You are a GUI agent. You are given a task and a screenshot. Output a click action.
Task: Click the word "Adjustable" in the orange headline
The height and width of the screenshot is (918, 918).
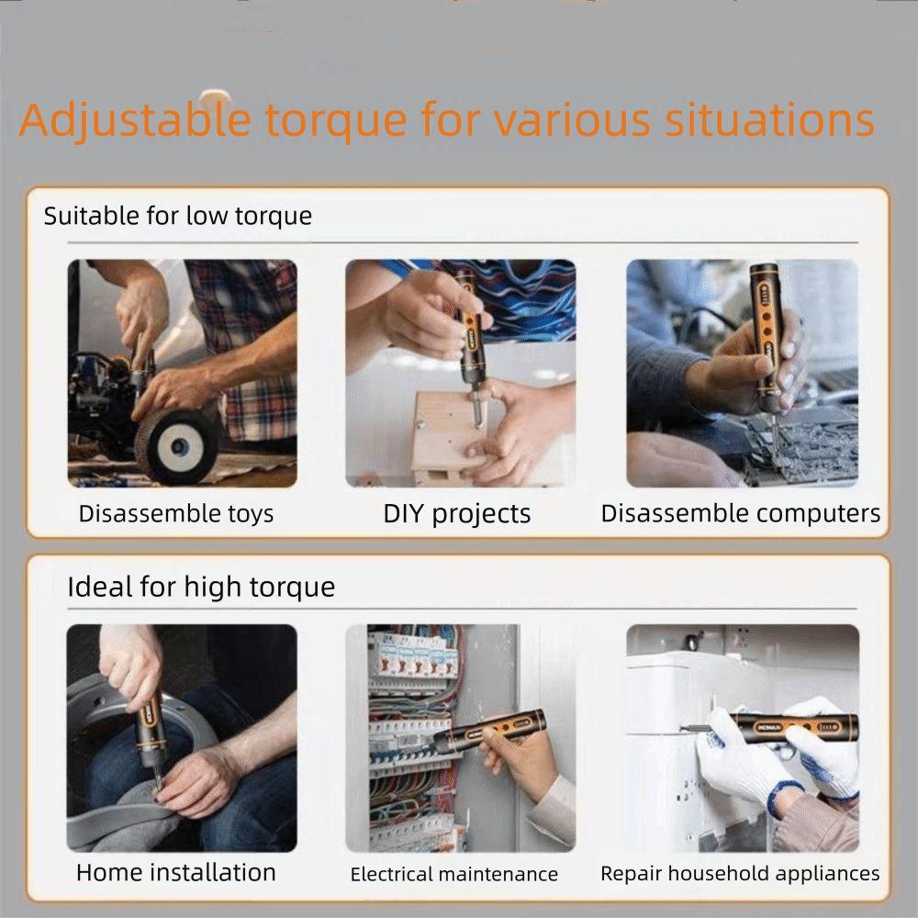pos(135,120)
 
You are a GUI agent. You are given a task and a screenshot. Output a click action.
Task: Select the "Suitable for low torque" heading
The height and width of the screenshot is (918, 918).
pos(178,216)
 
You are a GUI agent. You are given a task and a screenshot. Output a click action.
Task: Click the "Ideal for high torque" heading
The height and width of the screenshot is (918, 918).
pos(201,588)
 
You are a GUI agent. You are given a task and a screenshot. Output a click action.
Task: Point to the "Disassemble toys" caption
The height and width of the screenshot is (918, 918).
pos(176,514)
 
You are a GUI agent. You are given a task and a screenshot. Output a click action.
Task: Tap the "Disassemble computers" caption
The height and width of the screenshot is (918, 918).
pos(741,513)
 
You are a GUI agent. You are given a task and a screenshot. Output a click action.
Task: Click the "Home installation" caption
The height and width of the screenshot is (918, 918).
pos(175,872)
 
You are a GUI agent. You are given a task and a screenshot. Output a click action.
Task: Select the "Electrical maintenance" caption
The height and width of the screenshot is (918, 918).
pos(453,874)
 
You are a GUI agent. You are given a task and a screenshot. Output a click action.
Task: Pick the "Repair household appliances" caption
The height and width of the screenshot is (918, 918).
pos(740,874)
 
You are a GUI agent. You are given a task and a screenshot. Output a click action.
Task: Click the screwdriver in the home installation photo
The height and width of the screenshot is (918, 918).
pos(150,738)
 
